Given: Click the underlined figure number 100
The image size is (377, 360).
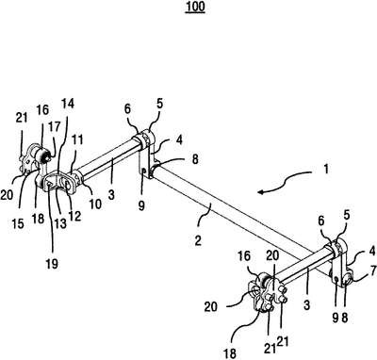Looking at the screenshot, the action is point(195,7).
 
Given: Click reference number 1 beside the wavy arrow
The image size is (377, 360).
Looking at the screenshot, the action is point(326,170).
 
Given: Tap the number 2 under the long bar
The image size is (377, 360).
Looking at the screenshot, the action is point(198,241).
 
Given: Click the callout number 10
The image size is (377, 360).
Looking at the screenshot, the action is point(95,205).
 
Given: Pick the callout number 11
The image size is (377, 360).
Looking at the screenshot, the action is point(77,139).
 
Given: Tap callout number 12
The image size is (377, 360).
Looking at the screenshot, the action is point(75,216).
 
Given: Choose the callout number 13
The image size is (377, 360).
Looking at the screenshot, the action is point(60,223).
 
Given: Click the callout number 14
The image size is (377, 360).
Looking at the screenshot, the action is point(68,104).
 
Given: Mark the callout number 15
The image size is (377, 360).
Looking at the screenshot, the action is point(18,223).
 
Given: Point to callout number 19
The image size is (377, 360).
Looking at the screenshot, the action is point(52,264).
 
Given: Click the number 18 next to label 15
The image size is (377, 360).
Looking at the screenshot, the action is point(38,219).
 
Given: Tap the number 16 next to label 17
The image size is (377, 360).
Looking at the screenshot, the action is point(42,110).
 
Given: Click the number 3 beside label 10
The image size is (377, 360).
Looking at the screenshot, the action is point(111,195).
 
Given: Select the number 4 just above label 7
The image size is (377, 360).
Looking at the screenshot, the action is point(372,252).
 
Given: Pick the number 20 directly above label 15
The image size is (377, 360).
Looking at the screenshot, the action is point(7,195).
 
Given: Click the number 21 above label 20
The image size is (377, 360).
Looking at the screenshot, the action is point(22,118).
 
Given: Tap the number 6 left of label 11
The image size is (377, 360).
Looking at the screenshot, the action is point(127,109).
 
